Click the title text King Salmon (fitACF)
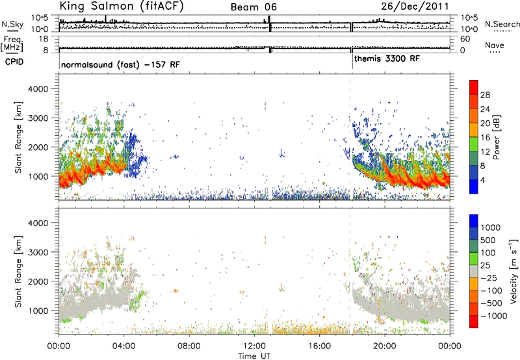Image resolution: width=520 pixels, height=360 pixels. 122,6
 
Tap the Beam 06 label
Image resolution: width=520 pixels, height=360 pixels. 253,7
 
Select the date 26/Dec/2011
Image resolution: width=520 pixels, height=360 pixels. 415,6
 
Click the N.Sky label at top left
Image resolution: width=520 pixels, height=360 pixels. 12,24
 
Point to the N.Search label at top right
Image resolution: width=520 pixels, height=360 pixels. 502,24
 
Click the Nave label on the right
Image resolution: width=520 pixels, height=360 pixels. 495,45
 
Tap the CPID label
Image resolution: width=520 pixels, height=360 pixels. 14,62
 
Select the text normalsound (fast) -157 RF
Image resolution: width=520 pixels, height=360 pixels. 120,64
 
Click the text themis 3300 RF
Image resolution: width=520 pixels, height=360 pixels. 387,58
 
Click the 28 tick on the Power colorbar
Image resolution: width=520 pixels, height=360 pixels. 485,95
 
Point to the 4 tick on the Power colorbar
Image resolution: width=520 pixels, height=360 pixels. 482,181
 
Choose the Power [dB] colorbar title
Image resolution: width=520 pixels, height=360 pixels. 497,137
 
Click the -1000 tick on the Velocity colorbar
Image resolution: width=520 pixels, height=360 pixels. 493,316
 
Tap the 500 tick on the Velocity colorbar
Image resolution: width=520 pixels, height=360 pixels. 487,240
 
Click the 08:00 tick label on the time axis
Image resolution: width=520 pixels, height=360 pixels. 189,346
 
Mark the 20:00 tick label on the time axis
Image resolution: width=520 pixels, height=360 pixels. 385,346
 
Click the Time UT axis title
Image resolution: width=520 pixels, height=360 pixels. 254,355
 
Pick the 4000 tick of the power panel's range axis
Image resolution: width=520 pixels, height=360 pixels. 38,89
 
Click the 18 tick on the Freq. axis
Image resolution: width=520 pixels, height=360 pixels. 44,39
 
